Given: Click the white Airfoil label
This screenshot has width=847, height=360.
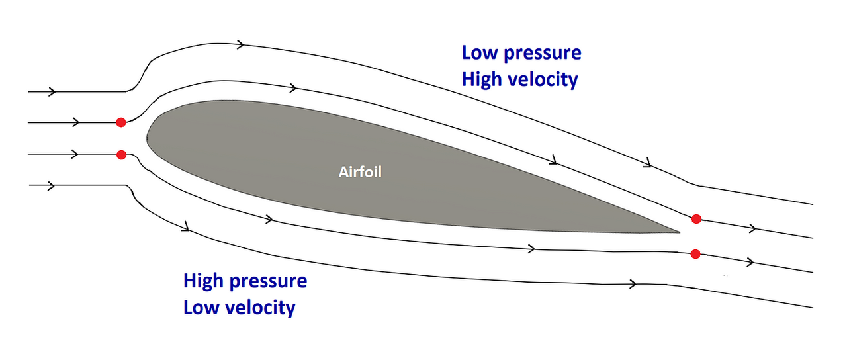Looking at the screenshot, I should tap(361, 173).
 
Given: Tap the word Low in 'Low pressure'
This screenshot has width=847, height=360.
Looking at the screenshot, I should tap(478, 52).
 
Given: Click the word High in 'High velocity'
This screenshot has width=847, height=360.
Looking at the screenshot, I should tap(482, 79).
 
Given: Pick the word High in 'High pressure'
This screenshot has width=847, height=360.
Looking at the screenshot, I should tap(204, 281).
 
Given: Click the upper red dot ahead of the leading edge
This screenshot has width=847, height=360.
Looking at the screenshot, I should tap(120, 122).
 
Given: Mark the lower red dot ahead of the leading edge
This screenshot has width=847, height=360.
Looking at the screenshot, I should tap(121, 155).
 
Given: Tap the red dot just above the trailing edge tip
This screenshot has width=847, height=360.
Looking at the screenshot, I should tap(696, 219).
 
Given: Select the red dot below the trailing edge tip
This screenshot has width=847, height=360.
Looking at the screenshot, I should tap(695, 253).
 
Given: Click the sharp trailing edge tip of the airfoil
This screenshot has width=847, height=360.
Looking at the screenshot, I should tap(679, 232).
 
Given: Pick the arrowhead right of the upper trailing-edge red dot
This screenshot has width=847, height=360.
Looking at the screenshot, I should tap(752, 228).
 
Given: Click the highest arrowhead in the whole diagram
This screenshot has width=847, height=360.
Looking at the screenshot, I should tap(241, 44).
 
